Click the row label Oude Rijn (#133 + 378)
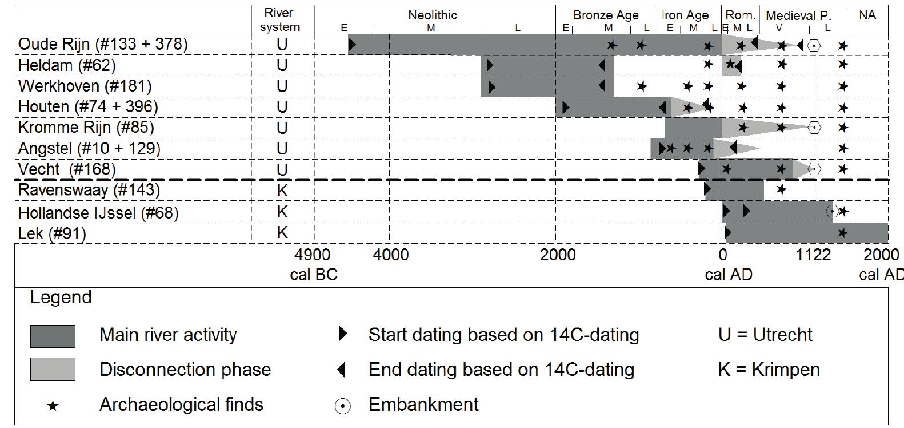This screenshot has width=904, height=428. click(103, 45)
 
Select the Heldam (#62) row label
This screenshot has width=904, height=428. click(67, 65)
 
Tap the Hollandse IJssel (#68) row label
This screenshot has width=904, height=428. click(98, 213)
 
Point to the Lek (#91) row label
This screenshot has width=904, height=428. click(52, 233)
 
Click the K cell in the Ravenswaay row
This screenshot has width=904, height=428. click(282, 191)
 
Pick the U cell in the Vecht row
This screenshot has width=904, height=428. click(282, 169)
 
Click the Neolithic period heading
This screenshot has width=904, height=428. click(433, 15)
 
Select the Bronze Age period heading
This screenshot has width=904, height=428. click(606, 15)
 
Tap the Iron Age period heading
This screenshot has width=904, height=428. click(685, 15)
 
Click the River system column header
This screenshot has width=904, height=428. click(279, 20)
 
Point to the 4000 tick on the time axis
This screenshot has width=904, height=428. click(391, 254)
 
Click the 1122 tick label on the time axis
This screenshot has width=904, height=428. click(814, 254)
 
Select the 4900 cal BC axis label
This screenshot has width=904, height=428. click(314, 264)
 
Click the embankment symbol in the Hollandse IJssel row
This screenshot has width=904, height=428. click(833, 212)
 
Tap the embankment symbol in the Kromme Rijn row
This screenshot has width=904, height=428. click(814, 128)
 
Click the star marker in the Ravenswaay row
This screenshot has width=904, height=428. click(781, 189)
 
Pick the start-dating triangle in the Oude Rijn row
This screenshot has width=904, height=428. click(352, 45)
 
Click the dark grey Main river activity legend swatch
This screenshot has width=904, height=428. click(53, 336)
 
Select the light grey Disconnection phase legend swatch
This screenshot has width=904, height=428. click(53, 369)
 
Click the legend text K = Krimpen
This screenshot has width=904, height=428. click(769, 369)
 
